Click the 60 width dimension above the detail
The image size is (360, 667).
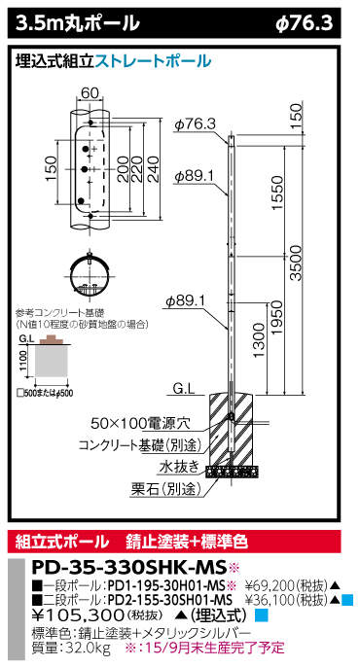pyautogui.click(x=91, y=92)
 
